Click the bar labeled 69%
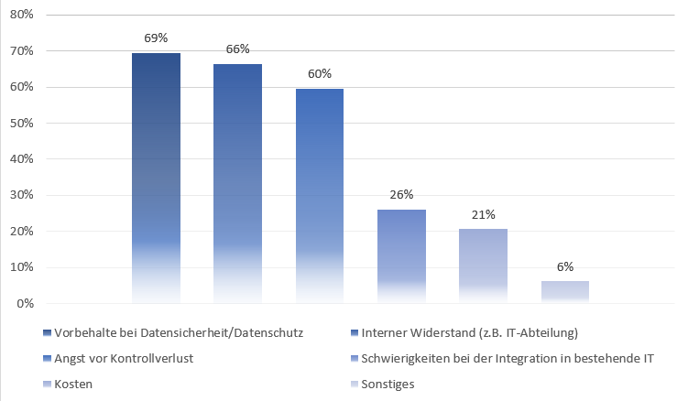(x=156, y=178)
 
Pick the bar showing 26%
(x=401, y=256)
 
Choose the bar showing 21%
(x=483, y=266)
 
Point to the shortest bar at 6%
(x=564, y=292)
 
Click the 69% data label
(x=156, y=38)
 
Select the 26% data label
(x=401, y=194)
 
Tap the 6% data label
(x=564, y=266)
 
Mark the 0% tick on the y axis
(x=24, y=303)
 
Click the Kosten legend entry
(x=73, y=384)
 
